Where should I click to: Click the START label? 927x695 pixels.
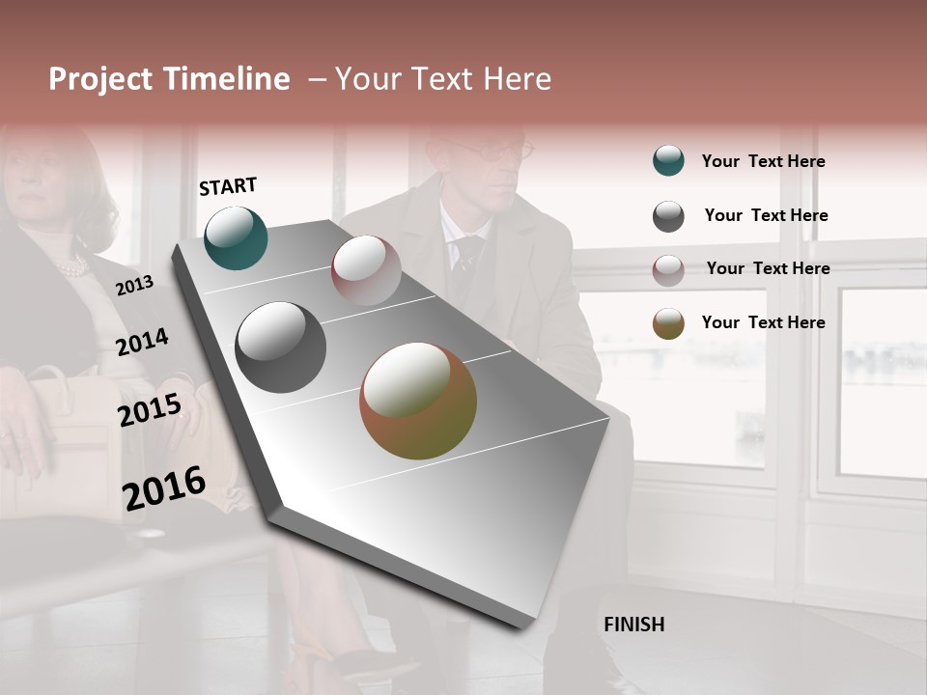[x=228, y=186]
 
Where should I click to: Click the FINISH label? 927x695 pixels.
[x=633, y=625]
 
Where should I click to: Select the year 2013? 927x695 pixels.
[x=134, y=286]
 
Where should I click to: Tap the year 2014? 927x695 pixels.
[x=142, y=343]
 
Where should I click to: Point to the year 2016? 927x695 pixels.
[x=164, y=488]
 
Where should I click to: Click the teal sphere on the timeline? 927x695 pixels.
[x=236, y=238]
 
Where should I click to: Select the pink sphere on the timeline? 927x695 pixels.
[x=366, y=270]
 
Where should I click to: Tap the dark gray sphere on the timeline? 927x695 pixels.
[x=280, y=347]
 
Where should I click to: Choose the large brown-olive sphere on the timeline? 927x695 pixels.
[x=418, y=401]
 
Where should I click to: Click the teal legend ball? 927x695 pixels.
[x=668, y=160]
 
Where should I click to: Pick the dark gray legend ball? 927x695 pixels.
[x=668, y=216]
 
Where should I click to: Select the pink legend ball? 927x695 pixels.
[x=668, y=269]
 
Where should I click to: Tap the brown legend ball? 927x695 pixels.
[x=668, y=323]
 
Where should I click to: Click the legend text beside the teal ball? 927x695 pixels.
[x=763, y=161]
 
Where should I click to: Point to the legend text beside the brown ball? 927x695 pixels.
[x=763, y=322]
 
